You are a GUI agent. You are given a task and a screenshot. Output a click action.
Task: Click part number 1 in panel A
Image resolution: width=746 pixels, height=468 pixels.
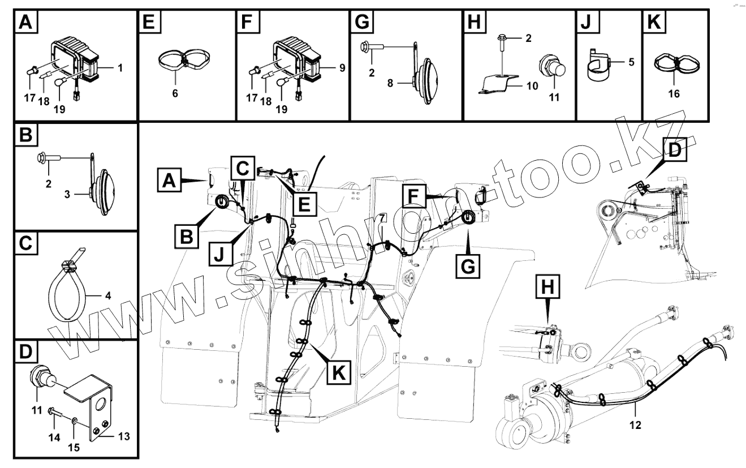[x=120, y=67]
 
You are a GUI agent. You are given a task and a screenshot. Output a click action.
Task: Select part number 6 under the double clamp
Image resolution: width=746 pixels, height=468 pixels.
[x=175, y=93]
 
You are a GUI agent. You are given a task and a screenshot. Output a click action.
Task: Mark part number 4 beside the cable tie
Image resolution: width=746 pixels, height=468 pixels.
[x=107, y=295]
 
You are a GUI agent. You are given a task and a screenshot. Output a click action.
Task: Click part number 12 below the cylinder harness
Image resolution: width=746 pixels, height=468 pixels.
[x=635, y=424]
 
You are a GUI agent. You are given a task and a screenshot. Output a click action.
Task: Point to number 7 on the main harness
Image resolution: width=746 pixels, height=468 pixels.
[x=382, y=217]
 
